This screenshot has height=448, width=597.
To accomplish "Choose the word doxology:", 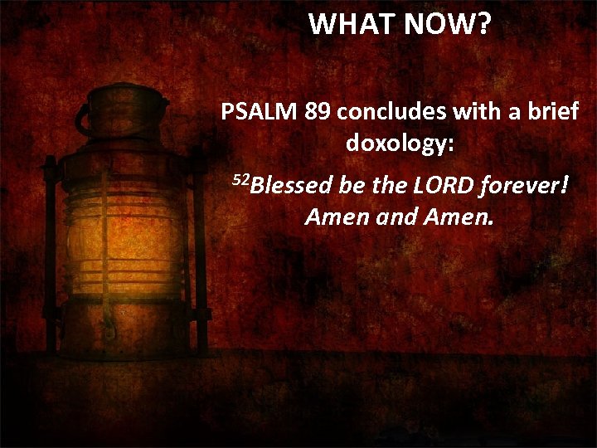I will coord(400,144).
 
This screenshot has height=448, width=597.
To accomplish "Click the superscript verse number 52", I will coord(239,178).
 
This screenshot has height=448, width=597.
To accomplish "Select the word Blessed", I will coord(289,184).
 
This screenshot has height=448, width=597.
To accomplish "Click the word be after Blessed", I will coord(352,184).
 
